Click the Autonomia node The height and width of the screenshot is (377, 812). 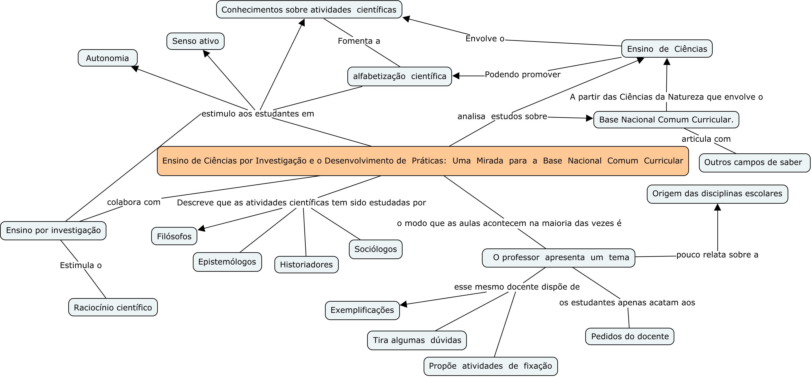coord(108,58)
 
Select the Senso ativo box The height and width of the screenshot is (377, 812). coord(196,41)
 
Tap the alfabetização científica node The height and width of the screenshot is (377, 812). coord(399,76)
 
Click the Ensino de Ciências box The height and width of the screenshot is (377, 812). coord(667,49)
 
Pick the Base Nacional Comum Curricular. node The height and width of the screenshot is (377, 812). coord(666,120)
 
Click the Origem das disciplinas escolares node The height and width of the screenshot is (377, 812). coord(717,193)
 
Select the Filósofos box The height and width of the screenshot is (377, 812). coord(174,236)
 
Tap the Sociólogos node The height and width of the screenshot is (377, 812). coord(376,249)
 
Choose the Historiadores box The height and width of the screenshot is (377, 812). coord(306,264)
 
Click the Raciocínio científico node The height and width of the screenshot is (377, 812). coord(113,307)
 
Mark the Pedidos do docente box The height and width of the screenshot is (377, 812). coord(630,336)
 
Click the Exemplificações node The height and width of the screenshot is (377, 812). coord(362,310)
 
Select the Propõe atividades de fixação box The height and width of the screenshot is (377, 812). coord(491,366)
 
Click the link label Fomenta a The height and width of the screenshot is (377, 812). coord(359,41)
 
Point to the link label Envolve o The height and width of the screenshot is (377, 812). coord(485,39)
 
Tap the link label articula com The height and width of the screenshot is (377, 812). coord(706,139)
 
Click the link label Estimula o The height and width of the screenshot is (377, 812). coord(81,266)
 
